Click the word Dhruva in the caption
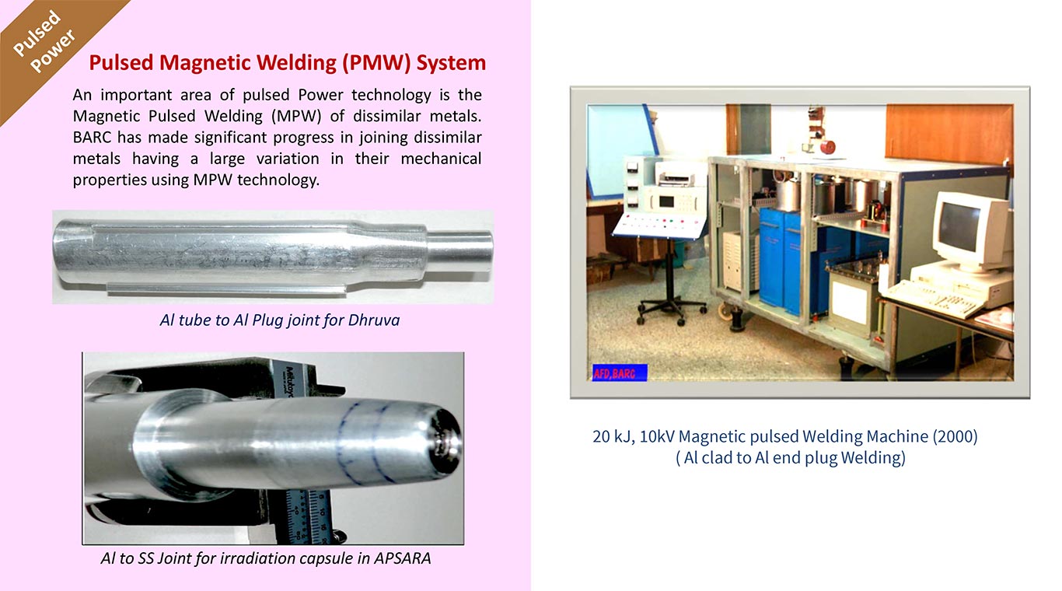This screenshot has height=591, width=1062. [374, 320]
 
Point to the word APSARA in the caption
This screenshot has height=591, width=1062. [403, 558]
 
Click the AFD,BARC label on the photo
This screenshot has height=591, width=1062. [620, 372]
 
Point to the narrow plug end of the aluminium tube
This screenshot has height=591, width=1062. [459, 251]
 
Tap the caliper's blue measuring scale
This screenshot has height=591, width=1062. [308, 517]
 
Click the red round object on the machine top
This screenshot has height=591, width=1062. [828, 146]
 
